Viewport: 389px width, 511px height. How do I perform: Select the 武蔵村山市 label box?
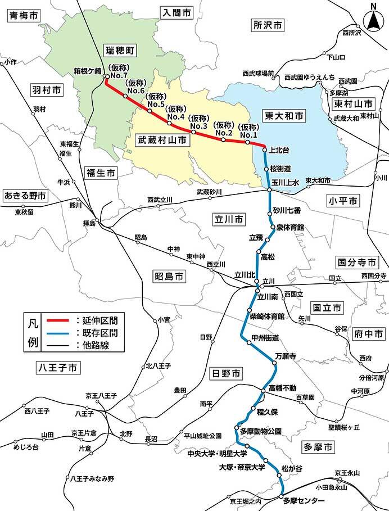[x=162, y=141]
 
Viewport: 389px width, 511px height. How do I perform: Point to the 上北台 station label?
[x=279, y=150]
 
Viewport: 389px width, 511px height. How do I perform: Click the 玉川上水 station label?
[x=286, y=182]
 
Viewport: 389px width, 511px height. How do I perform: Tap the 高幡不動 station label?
[x=282, y=388]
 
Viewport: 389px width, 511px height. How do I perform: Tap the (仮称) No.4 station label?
[x=175, y=113]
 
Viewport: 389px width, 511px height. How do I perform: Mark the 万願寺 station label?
[x=285, y=356]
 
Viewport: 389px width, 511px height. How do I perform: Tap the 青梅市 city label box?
[x=22, y=16]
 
